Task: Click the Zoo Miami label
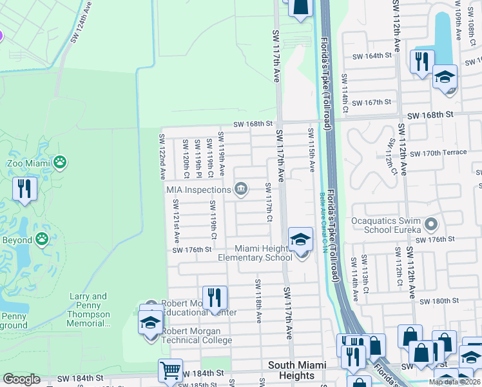tap(28, 163)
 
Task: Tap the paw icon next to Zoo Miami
tap(60, 161)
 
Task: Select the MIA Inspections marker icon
tap(242, 189)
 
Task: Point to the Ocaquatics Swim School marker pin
tap(431, 225)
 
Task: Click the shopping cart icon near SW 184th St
tap(170, 370)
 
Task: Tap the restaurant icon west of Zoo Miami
tap(25, 189)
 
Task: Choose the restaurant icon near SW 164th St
tap(421, 62)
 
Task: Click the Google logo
tap(21, 379)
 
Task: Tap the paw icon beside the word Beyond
tap(43, 240)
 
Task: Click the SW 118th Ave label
tap(258, 301)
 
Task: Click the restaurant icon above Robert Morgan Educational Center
tap(215, 297)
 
